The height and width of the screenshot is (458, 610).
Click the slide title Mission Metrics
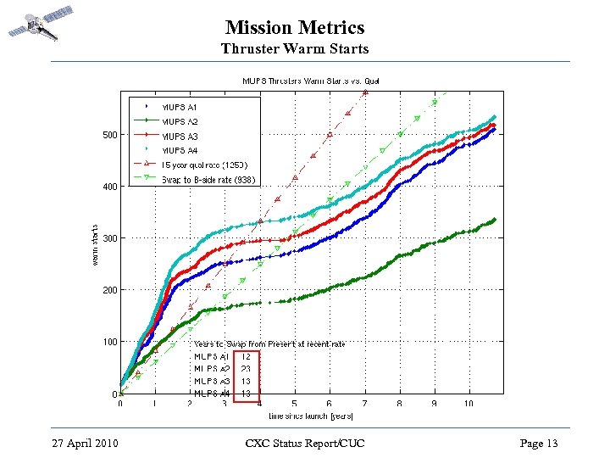tap(294, 29)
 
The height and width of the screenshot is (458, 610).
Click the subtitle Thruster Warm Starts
tap(295, 49)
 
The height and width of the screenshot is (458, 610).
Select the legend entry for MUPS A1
tap(180, 107)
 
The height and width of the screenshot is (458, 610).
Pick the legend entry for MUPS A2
tap(180, 121)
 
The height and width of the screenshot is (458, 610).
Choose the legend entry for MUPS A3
tap(180, 136)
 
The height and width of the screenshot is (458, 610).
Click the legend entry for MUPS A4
tap(180, 150)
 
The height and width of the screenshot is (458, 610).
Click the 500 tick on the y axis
tap(110, 135)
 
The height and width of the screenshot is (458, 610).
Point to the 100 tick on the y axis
tap(110, 343)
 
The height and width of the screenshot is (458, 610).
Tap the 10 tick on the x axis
tap(469, 404)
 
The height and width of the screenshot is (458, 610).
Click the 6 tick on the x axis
tap(329, 404)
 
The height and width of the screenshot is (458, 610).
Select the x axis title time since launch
tap(310, 416)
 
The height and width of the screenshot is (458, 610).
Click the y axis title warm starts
tap(94, 244)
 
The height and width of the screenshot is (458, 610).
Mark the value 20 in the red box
tap(246, 369)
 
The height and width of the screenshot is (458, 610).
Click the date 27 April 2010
tap(85, 444)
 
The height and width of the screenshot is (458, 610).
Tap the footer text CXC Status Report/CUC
tap(304, 444)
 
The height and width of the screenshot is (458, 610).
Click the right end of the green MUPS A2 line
tap(494, 220)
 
